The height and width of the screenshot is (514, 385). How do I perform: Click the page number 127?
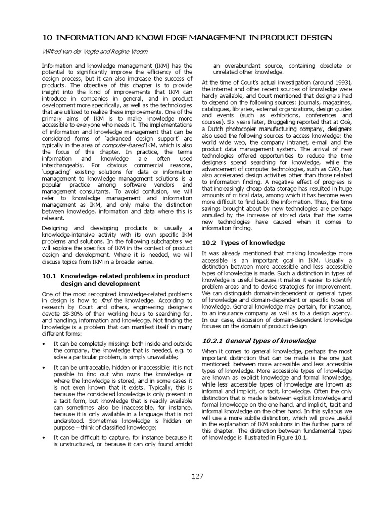(197, 476)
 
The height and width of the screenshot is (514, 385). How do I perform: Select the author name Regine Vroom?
(121, 51)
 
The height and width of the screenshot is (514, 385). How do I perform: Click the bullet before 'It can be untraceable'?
(44, 368)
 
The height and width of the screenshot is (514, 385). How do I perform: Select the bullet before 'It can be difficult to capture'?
(44, 438)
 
